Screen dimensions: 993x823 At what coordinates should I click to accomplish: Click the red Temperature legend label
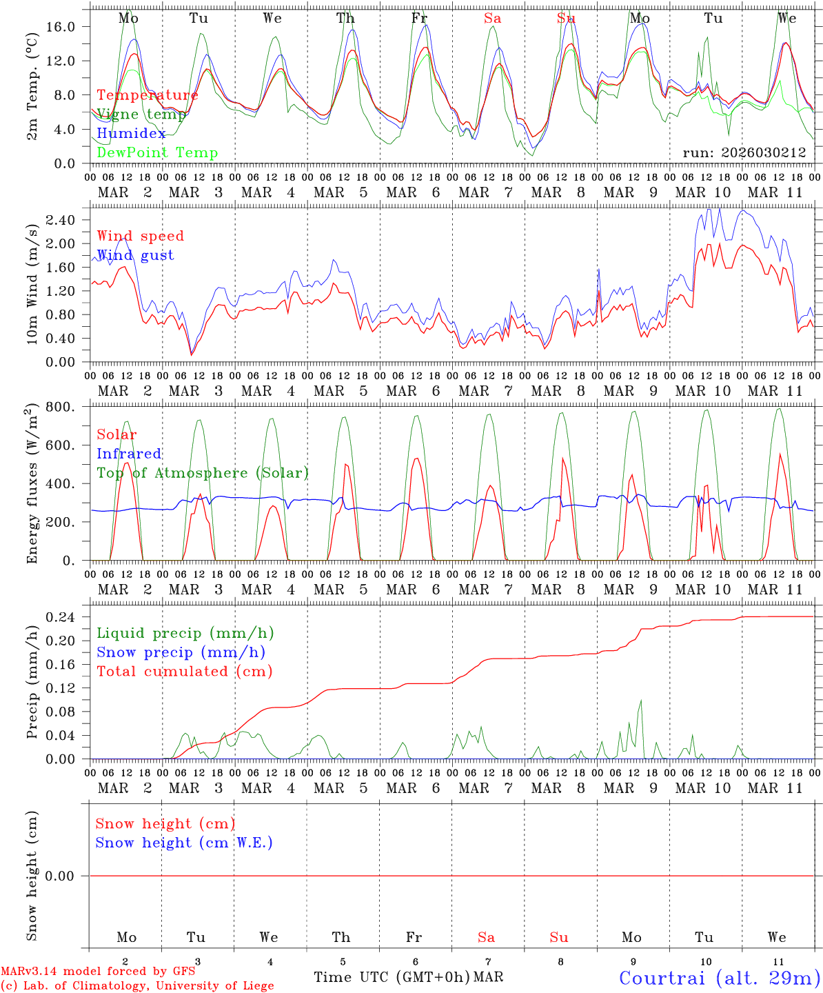tap(148, 95)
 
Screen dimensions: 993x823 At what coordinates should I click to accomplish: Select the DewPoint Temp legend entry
tap(157, 153)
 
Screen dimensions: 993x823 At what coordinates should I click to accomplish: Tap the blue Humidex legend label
tap(131, 134)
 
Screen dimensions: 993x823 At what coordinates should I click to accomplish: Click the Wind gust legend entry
tap(135, 255)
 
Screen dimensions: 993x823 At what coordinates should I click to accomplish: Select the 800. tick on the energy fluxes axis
tap(61, 407)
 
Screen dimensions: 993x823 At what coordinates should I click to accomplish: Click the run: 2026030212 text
tap(744, 153)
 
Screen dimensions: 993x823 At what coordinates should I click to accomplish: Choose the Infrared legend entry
tap(129, 454)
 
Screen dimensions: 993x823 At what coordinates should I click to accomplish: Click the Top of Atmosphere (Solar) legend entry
tap(203, 473)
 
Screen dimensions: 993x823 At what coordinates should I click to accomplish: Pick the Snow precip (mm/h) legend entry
tap(181, 652)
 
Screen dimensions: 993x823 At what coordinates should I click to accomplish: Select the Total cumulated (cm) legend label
tap(184, 672)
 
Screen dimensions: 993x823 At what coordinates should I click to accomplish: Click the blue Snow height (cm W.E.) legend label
tap(184, 843)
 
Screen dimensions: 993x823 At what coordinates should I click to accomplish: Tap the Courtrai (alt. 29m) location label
tap(719, 978)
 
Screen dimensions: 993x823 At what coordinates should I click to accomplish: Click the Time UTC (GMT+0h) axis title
tap(392, 977)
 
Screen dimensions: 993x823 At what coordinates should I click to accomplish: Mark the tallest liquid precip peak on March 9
tap(641, 701)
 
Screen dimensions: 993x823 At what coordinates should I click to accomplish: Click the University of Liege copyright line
tap(137, 986)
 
